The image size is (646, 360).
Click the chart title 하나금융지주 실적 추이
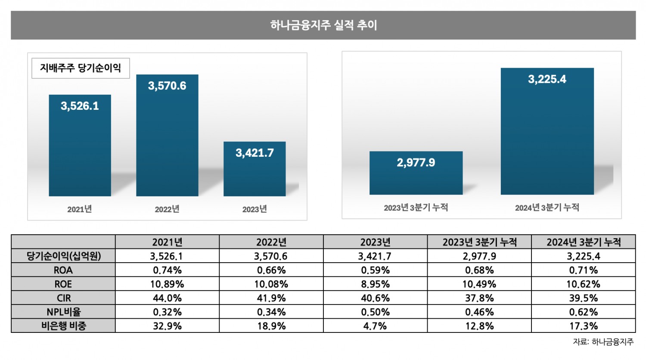pos(323,25)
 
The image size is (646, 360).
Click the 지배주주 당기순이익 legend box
pos(81,68)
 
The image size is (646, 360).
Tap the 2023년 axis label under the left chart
pos(255,209)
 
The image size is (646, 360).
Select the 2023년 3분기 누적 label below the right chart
pos(416,208)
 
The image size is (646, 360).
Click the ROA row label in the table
pos(63,270)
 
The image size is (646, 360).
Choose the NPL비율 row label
pos(63,312)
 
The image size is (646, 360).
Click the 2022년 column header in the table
pos(271,242)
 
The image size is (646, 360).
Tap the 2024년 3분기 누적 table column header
pos(584,242)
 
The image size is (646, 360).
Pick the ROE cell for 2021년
pos(167,284)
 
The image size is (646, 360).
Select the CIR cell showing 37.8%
pos(479,298)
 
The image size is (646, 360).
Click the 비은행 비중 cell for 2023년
pos(375,326)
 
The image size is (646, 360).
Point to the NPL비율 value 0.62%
pos(584,312)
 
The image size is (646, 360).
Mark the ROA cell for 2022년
pos(271,270)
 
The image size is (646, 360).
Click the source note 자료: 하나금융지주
pos(603,342)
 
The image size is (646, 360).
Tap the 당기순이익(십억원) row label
pos(63,256)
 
